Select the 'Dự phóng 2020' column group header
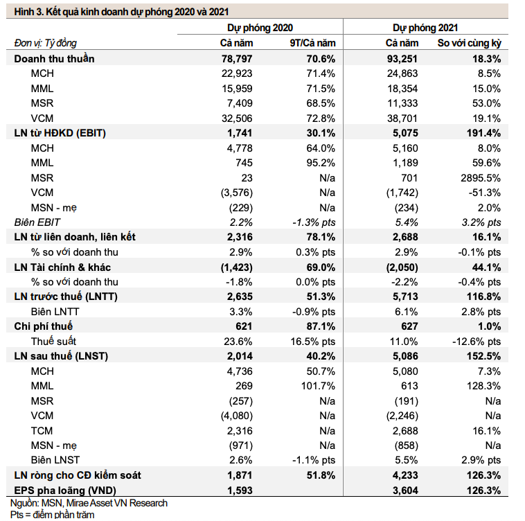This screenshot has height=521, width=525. coord(260,28)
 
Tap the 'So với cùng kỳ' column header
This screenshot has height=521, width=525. coord(470,43)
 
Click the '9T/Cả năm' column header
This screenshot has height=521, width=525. coord(312,43)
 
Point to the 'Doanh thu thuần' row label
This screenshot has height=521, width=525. coord(54,59)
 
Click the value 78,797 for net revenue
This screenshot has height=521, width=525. coord(237,59)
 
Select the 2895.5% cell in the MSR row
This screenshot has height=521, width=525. coord(481,178)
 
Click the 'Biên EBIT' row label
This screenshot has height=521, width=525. coord(37,222)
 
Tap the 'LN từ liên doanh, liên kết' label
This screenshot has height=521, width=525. coord(75,237)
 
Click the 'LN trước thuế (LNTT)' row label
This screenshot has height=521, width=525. coord(66,297)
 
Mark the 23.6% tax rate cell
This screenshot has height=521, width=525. coord(238,342)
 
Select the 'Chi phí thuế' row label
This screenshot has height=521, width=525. coord(43,326)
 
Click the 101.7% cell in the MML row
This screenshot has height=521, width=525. coord(318,386)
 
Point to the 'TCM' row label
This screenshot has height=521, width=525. coord(42,431)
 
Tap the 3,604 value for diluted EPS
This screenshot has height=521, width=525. coord(405,491)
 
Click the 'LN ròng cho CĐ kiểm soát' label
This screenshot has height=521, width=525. coord(78,475)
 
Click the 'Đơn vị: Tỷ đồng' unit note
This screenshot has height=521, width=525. coord(46,43)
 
